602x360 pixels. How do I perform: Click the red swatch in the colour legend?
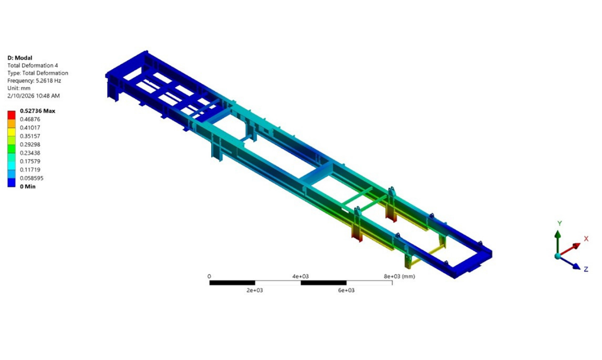click(11, 115)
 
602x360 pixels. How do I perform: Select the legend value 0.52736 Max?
click(37, 111)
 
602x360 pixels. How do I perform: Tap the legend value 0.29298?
click(30, 144)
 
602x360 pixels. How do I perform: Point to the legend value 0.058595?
click(32, 178)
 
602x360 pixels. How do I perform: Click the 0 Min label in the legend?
click(28, 186)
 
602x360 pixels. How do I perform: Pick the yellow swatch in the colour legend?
click(11, 132)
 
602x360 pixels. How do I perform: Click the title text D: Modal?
click(20, 58)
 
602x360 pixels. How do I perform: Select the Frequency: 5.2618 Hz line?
click(34, 80)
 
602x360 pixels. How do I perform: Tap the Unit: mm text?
click(19, 88)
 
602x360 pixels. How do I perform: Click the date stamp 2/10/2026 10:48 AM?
click(33, 96)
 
